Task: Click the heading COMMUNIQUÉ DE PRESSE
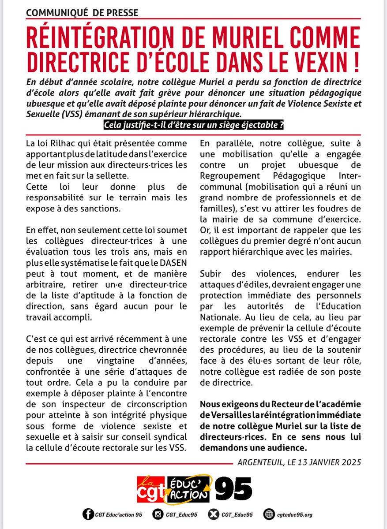82,13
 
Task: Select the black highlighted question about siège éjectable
193,125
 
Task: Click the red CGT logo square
150,489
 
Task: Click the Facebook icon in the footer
88,514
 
